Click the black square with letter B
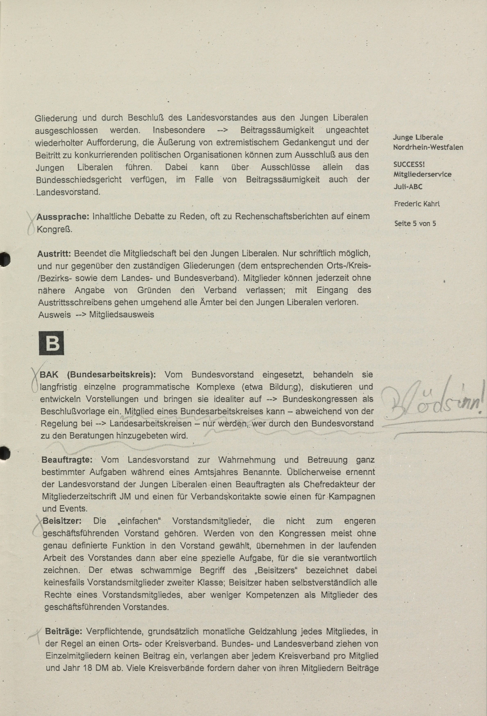point(51,343)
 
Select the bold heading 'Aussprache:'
point(63,217)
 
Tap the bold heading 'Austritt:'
point(54,253)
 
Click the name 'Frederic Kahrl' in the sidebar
point(417,204)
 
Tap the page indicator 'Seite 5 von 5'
point(415,224)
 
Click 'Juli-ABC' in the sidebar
point(408,187)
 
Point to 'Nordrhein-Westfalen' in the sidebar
point(428,147)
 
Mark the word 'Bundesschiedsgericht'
point(79,180)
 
